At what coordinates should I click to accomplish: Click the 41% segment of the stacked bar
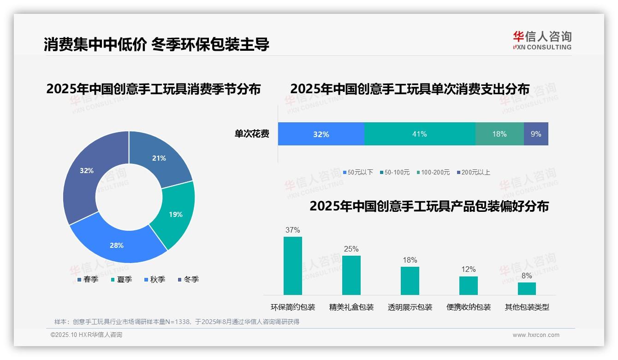pyautogui.click(x=420, y=134)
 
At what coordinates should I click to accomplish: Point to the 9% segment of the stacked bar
pyautogui.click(x=536, y=134)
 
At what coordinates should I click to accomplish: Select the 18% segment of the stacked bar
pyautogui.click(x=499, y=134)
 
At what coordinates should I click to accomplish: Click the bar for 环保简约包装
pyautogui.click(x=293, y=266)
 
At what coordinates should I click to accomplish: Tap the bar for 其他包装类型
pyautogui.click(x=527, y=288)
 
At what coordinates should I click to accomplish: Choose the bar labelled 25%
pyautogui.click(x=351, y=275)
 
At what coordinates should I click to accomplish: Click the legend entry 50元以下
pyautogui.click(x=358, y=172)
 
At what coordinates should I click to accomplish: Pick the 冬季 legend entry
pyautogui.click(x=188, y=279)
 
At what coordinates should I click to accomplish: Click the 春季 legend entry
pyautogui.click(x=88, y=279)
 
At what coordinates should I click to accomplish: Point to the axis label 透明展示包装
pyautogui.click(x=410, y=307)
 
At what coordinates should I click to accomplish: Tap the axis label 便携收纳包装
pyautogui.click(x=469, y=307)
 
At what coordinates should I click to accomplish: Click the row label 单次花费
pyautogui.click(x=252, y=134)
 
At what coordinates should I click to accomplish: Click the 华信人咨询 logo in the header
pyautogui.click(x=542, y=40)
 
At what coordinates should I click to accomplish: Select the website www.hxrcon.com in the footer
pyautogui.click(x=536, y=335)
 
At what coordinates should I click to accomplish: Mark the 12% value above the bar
pyautogui.click(x=469, y=269)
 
